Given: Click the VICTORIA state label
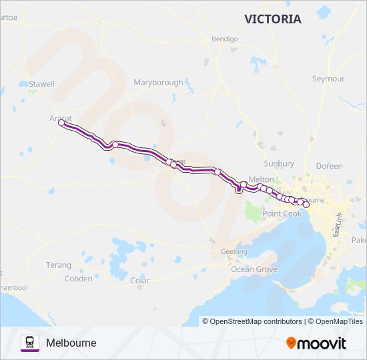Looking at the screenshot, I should tap(272, 19).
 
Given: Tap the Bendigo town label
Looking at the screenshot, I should tap(224, 39).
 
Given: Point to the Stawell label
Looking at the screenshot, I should tap(41, 84).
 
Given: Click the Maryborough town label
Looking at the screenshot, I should tap(158, 83).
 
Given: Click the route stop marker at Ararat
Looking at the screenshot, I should tap(61, 123).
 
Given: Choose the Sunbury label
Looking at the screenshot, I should tap(279, 163).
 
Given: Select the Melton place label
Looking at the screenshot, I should tap(261, 179).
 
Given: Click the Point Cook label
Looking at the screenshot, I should tap(282, 213).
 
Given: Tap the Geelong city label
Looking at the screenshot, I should tap(234, 252).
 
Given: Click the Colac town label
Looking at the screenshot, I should tap(140, 281).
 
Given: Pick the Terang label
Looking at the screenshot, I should tap(59, 265).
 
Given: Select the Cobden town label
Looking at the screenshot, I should tap(78, 279).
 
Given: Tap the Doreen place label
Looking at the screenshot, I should tap(330, 166).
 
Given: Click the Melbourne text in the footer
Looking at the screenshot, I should tap(71, 343).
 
